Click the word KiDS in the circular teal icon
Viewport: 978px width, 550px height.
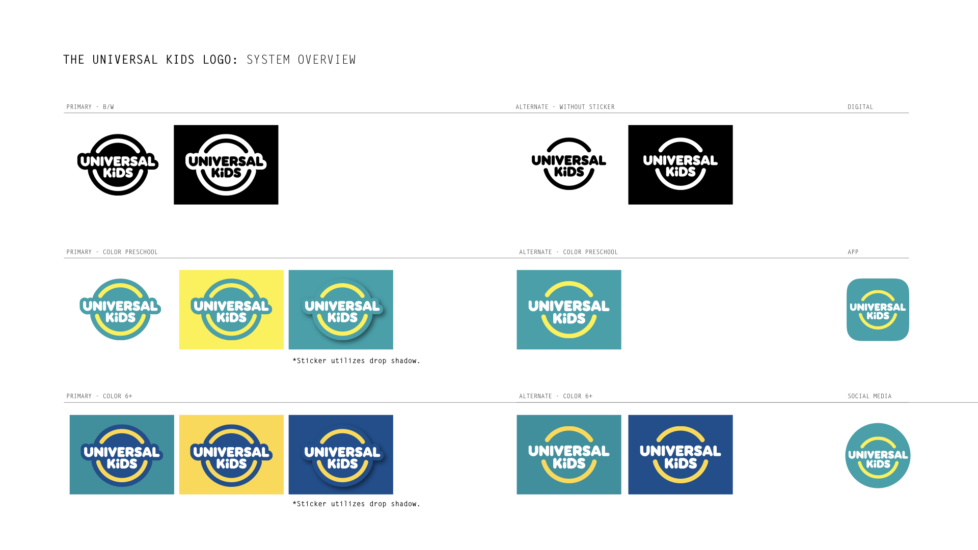[878, 464]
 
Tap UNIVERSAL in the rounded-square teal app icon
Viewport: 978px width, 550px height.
[878, 307]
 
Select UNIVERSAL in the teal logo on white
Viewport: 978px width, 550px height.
[120, 306]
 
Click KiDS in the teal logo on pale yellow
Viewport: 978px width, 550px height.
[231, 318]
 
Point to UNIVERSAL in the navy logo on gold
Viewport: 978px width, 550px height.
[231, 452]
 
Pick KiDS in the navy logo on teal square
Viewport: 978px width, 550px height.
[122, 463]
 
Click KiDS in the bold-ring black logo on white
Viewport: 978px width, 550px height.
[118, 173]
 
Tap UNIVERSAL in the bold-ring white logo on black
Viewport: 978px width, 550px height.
[226, 161]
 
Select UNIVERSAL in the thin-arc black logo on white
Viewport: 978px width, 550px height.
[568, 160]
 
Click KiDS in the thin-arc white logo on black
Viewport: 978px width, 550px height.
[681, 172]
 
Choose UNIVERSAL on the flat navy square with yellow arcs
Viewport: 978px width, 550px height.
[681, 451]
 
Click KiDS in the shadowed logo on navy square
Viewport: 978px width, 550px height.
[342, 463]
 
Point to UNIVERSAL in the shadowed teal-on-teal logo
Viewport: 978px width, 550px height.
[342, 306]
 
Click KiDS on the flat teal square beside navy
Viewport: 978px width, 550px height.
[569, 463]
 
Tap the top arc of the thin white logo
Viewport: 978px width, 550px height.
[681, 141]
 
